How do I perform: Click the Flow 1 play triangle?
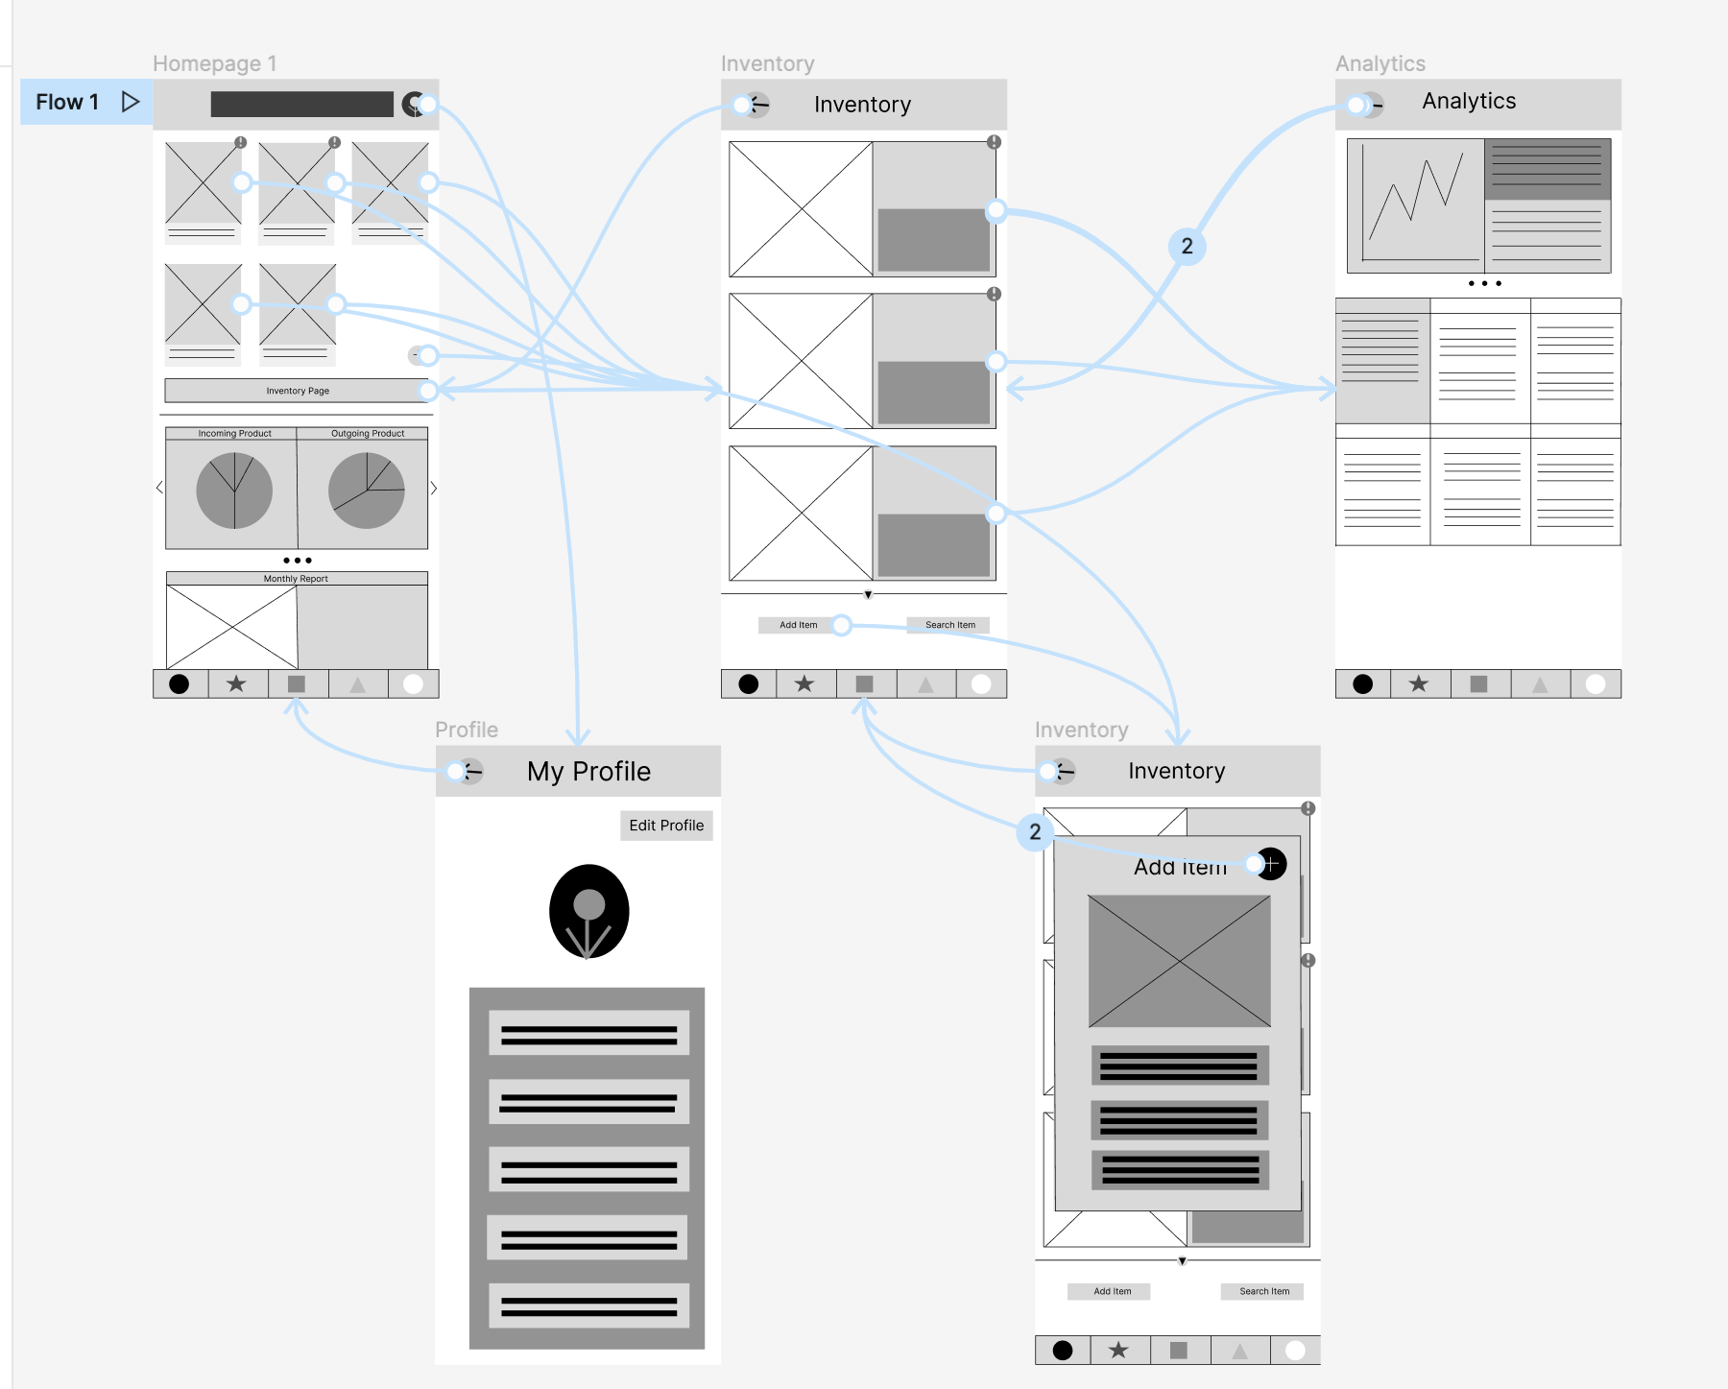[131, 102]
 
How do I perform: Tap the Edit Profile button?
[666, 826]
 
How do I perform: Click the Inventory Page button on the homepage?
[297, 391]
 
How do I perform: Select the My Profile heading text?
[588, 772]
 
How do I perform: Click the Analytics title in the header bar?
[1469, 102]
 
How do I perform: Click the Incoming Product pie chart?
[234, 491]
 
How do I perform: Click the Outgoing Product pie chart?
[367, 491]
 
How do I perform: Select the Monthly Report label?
[296, 579]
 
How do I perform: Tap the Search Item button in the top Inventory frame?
[949, 625]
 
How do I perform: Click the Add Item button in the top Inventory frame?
[798, 625]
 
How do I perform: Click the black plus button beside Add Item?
[1271, 864]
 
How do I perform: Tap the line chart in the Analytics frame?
[1416, 204]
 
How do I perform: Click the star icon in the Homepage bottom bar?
[236, 684]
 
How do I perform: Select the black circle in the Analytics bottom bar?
[1362, 684]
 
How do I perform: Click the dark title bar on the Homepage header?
[301, 105]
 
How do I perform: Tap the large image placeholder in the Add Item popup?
[1179, 961]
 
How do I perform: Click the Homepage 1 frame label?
[215, 64]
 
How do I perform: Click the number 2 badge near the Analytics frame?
[1188, 247]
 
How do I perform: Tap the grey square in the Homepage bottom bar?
[297, 684]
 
